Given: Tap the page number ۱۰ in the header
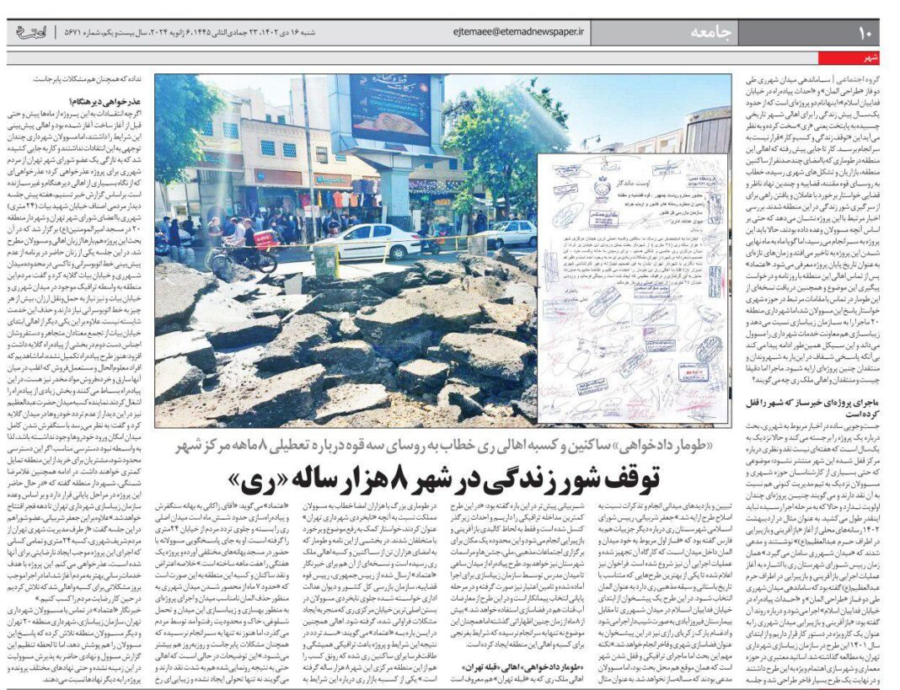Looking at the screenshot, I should click(x=867, y=33).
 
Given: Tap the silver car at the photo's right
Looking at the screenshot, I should click(x=508, y=232).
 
